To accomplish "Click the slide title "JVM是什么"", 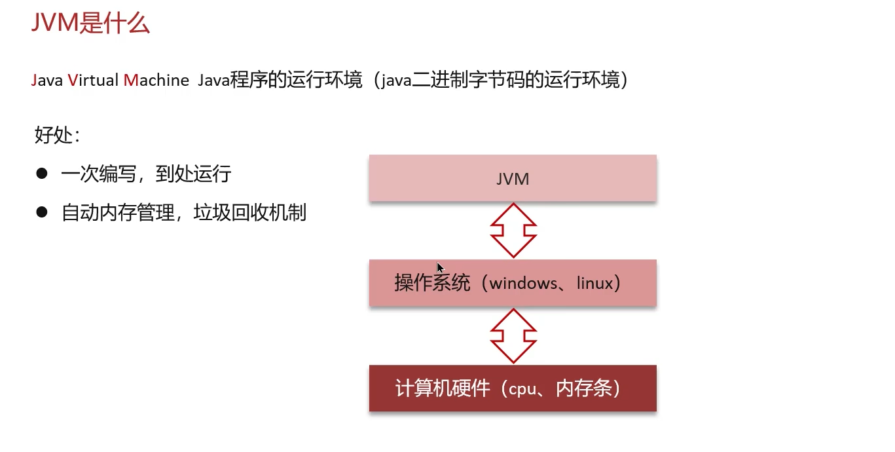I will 90,23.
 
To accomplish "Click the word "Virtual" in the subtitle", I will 94,81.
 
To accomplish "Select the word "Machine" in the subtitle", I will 156,81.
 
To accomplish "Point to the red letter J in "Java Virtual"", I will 34,81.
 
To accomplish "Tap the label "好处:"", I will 58,136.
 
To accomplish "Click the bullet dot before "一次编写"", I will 43,174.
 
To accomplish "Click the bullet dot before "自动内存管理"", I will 43,212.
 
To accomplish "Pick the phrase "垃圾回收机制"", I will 250,213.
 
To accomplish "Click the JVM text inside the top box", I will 513,179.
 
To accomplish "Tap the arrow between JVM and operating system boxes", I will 513,230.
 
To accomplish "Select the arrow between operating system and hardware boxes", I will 513,335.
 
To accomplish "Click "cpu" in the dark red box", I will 522,388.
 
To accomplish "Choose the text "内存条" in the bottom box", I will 583,388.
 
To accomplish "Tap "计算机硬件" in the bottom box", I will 443,388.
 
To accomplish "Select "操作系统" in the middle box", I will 432,284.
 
